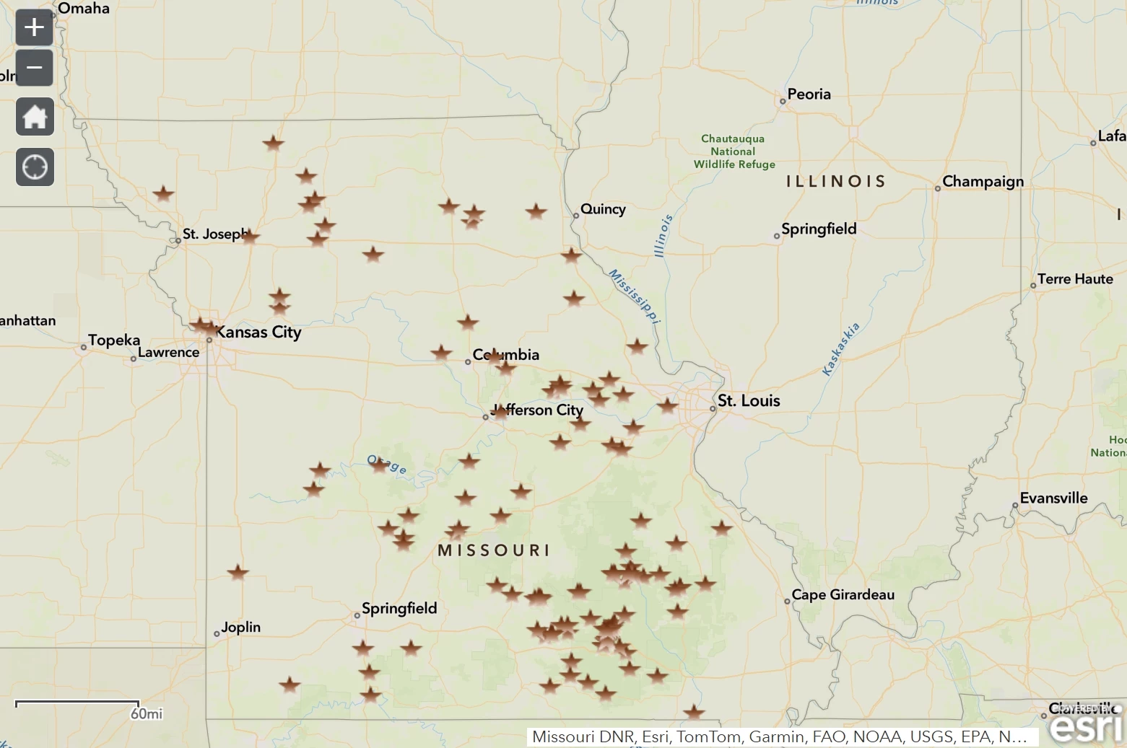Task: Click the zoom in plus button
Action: click(34, 28)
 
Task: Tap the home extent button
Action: click(35, 117)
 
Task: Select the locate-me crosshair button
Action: click(35, 167)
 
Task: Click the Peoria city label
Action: click(809, 94)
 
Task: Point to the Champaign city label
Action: click(983, 182)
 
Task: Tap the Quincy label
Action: click(603, 209)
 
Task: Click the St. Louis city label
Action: click(749, 401)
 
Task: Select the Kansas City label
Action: click(258, 333)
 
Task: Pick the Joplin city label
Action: click(240, 628)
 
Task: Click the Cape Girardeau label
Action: click(843, 595)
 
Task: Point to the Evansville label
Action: click(1053, 498)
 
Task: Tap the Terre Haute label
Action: click(1075, 279)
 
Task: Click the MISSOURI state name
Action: click(494, 551)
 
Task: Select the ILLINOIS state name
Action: click(835, 182)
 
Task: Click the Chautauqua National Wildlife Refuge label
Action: click(734, 151)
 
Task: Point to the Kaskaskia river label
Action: click(841, 349)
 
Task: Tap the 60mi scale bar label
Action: click(147, 714)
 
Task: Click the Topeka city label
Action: click(114, 340)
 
